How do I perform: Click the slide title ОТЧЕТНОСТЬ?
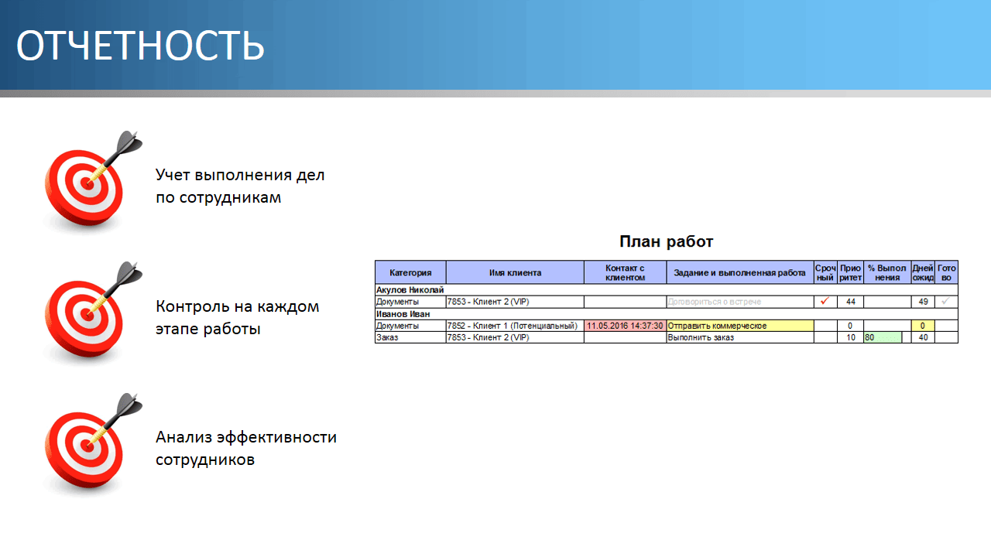tap(141, 46)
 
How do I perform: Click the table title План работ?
tap(667, 241)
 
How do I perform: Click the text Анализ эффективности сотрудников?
tap(245, 448)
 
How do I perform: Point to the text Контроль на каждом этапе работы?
tap(237, 317)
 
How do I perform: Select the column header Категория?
tap(410, 272)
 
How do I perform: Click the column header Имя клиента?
tap(515, 272)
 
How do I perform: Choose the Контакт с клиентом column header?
tap(625, 272)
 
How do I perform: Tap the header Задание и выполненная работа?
tap(739, 272)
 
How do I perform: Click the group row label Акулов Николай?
tap(410, 290)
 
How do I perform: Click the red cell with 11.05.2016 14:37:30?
tap(625, 326)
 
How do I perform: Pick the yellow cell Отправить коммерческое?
tap(739, 326)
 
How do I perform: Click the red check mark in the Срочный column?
tap(825, 301)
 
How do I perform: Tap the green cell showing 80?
tap(882, 337)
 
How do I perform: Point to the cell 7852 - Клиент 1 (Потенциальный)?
tap(514, 326)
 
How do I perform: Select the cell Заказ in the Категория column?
tap(386, 337)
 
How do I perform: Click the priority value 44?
tap(850, 302)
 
